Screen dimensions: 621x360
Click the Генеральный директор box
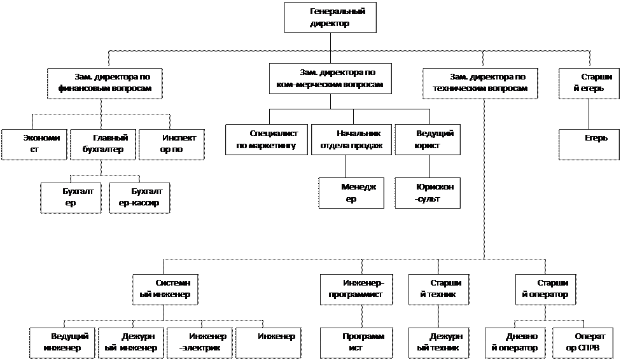[x=330, y=17]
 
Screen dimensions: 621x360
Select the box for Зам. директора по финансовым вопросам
[x=104, y=83]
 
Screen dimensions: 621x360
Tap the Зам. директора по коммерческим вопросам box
[x=330, y=78]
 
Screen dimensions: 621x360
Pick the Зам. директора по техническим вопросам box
[x=480, y=83]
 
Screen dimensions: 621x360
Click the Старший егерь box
[x=589, y=83]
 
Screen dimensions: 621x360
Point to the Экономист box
[x=34, y=144]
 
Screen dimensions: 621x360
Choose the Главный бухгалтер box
[x=102, y=144]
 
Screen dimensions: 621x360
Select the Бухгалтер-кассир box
[x=139, y=198]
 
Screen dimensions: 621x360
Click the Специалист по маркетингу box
[x=267, y=139]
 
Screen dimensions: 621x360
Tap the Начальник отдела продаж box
[x=351, y=139]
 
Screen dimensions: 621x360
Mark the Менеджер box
[x=351, y=193]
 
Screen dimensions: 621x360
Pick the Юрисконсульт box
[x=428, y=193]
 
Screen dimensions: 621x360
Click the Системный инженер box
[x=165, y=289]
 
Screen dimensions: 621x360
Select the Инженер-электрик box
[x=200, y=343]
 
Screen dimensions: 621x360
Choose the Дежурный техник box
[x=439, y=343]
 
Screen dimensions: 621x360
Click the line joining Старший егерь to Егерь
[x=589, y=114]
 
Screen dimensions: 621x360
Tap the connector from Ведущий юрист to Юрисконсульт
[x=429, y=167]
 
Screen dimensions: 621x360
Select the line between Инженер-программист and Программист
[x=362, y=317]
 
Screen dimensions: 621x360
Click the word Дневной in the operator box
[x=522, y=336]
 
